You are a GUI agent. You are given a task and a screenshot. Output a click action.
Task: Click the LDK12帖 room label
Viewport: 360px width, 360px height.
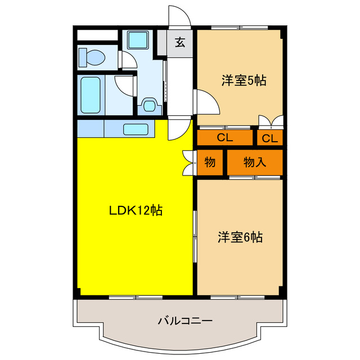[136, 210]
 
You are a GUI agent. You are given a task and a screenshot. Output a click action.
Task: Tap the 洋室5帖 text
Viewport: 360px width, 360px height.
[243, 80]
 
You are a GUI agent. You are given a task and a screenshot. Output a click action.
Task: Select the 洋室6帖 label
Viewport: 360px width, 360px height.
[240, 237]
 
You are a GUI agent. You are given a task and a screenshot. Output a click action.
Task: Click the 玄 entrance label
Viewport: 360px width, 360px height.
[179, 42]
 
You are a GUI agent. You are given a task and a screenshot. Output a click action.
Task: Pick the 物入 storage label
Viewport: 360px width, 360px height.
[254, 163]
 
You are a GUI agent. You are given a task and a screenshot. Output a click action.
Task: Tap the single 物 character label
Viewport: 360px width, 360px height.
[210, 163]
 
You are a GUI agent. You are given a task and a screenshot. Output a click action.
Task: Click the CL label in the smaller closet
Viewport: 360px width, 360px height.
[269, 138]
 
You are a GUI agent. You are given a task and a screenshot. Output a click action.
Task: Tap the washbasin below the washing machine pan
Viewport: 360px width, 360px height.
[150, 105]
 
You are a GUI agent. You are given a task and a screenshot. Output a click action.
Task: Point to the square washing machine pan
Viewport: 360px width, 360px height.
[137, 40]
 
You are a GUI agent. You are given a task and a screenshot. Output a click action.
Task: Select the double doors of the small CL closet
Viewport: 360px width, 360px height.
[269, 121]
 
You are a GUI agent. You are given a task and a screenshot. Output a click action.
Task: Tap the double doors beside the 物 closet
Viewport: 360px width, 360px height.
[188, 162]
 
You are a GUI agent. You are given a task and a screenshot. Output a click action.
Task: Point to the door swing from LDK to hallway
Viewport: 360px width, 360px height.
[177, 129]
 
